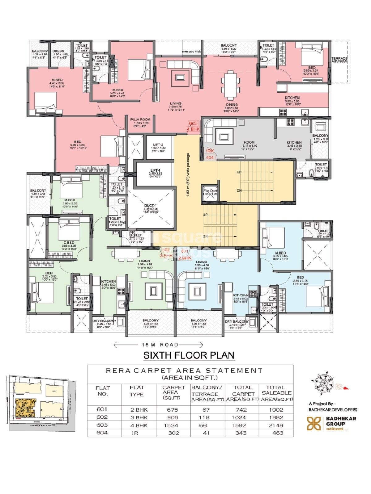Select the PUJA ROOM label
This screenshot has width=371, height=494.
[140, 119]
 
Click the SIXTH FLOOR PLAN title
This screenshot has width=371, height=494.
[189, 355]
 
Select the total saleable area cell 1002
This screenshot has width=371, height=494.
[276, 410]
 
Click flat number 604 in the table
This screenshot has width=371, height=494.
[102, 433]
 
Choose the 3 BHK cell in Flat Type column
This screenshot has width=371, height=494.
[139, 417]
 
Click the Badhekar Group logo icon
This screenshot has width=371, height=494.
[314, 423]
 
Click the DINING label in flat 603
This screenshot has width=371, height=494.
[232, 105]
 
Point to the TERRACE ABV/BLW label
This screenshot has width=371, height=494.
[339, 60]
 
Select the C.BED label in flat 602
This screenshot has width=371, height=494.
[69, 242]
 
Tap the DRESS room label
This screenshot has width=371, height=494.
[58, 51]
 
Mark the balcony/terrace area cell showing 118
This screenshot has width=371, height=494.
[204, 417]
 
